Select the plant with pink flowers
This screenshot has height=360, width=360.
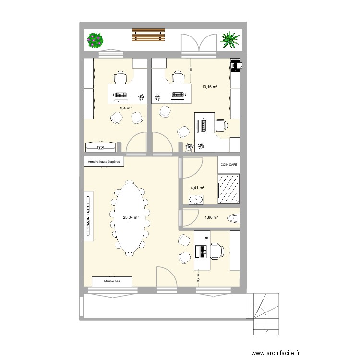96,40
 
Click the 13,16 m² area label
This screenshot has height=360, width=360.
210,87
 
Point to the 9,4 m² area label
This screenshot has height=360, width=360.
126,108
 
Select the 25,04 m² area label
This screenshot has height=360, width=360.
131,217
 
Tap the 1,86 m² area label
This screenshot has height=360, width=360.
212,217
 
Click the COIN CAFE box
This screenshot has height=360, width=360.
229,164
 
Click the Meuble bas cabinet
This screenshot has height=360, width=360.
112,282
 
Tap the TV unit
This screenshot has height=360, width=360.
100,148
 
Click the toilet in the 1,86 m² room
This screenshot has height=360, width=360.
234,218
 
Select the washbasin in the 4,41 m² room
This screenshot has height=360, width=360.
196,199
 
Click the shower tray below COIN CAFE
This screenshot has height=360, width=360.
229,188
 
